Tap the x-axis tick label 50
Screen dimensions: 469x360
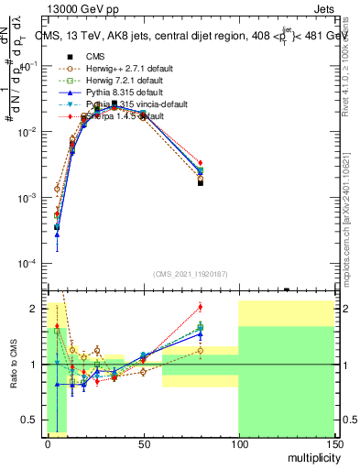coord(143,442)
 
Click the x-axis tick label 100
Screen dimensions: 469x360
coord(238,442)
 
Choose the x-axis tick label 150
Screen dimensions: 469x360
coord(333,442)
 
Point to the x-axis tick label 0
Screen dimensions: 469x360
coord(48,442)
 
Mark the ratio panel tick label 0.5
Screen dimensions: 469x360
coord(33,420)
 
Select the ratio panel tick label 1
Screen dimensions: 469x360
coord(36,365)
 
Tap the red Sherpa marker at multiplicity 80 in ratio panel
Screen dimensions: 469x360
coord(201,307)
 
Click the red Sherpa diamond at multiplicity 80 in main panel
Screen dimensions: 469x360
coord(201,163)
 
